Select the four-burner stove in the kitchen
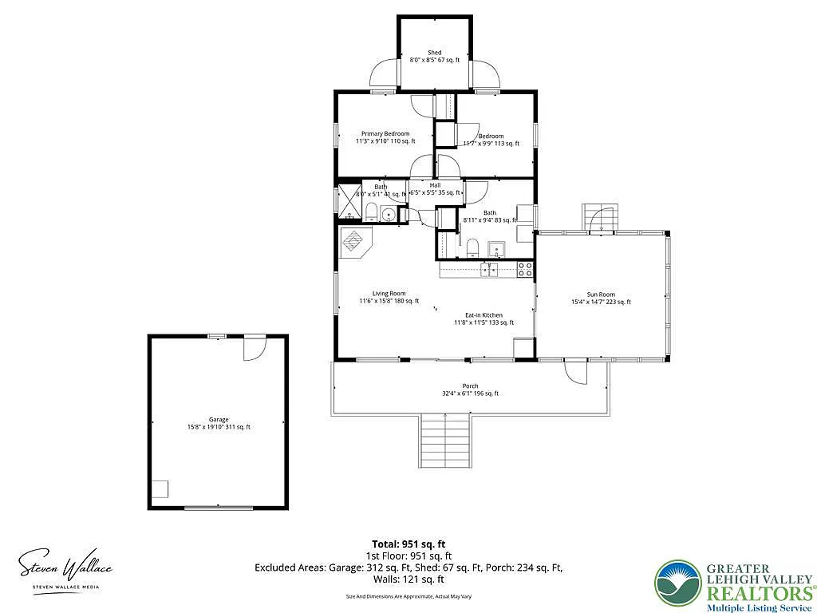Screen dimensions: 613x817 pyautogui.click(x=525, y=270)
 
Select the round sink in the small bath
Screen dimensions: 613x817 pyautogui.click(x=389, y=214)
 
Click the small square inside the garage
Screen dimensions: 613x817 pyautogui.click(x=160, y=488)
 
